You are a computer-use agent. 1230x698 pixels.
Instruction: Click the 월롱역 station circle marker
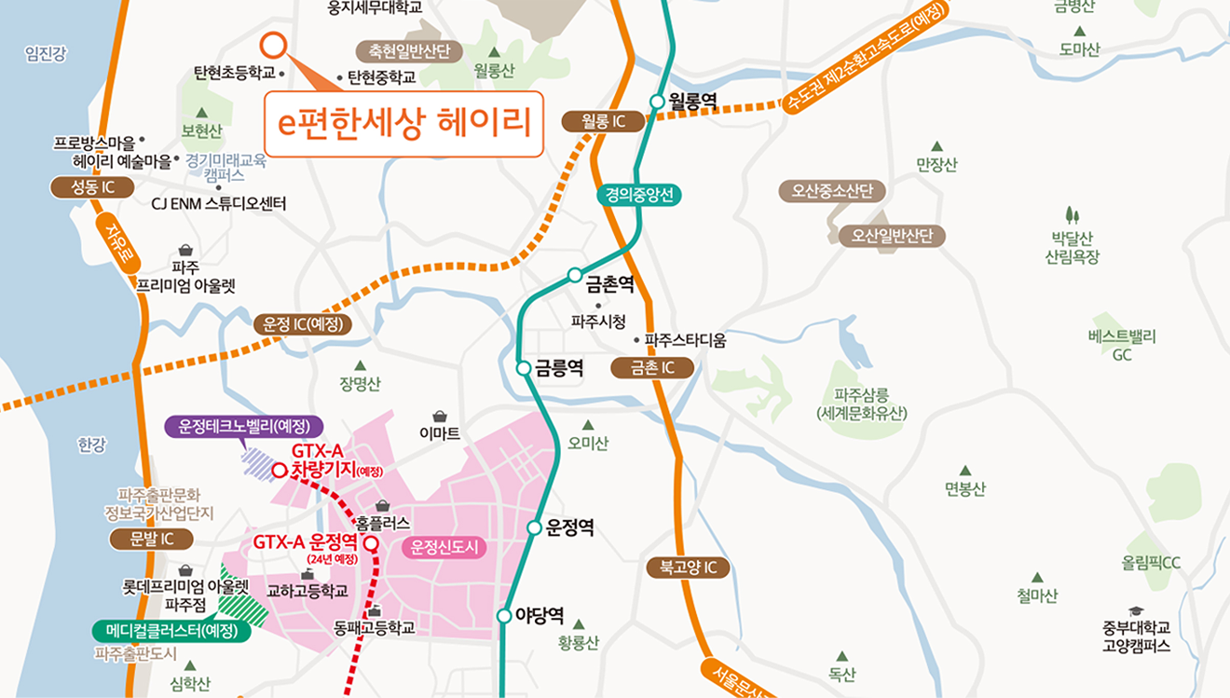coord(657,101)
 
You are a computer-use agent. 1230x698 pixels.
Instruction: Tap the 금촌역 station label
coord(610,281)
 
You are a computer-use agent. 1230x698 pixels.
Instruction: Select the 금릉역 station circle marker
coord(524,368)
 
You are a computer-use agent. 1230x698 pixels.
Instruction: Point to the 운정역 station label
coord(570,528)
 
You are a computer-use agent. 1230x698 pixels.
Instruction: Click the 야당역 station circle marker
coord(504,616)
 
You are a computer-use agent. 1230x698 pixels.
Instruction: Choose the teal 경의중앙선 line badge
coord(640,195)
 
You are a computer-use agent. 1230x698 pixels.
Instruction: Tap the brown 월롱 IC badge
coord(604,121)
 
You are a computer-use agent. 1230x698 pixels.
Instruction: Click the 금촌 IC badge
coord(652,367)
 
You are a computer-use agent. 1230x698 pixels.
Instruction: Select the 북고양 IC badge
coord(688,567)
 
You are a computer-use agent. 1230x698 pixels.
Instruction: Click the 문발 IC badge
coord(151,539)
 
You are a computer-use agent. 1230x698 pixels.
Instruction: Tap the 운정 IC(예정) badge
coord(303,324)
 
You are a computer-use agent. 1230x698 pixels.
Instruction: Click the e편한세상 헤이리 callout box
coord(403,124)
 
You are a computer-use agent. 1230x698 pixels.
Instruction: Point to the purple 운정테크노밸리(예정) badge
coord(244,427)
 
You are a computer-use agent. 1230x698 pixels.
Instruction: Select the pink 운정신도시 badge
coord(444,547)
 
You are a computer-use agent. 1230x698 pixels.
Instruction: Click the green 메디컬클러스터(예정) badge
coord(173,631)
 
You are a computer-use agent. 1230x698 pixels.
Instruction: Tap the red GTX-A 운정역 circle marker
coord(371,543)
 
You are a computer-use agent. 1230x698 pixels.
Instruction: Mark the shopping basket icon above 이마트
coord(440,417)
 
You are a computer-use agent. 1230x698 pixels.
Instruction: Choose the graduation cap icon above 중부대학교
coord(1136,610)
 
